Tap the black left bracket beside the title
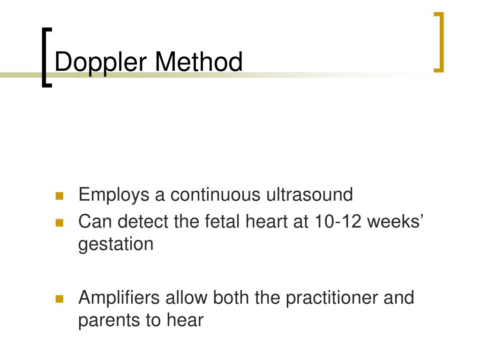point(45,57)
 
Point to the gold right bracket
point(439,43)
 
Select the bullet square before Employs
point(59,195)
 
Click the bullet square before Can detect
point(59,223)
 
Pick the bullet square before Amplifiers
point(59,299)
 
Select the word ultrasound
point(310,195)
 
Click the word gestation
point(116,245)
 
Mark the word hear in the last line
point(185,320)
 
